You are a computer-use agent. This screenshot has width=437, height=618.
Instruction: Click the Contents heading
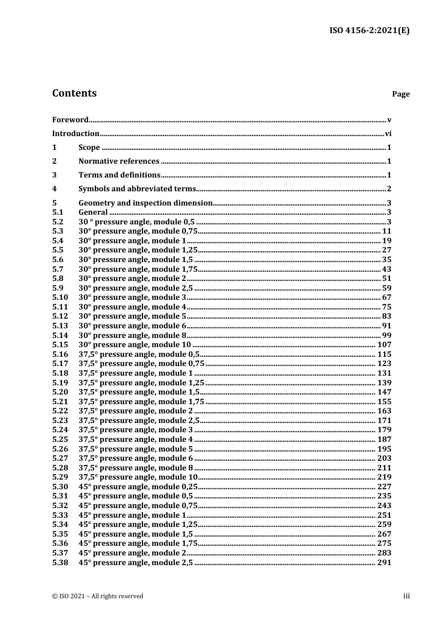pyautogui.click(x=74, y=93)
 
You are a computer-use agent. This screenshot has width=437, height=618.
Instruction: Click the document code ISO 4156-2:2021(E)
pyautogui.click(x=369, y=31)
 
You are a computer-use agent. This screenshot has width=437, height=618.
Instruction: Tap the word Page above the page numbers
pyautogui.click(x=401, y=94)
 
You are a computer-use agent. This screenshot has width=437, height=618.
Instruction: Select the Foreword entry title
pyautogui.click(x=70, y=120)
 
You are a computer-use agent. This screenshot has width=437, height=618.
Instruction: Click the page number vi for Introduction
pyautogui.click(x=388, y=134)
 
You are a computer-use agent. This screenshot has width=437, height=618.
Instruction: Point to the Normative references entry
pyautogui.click(x=119, y=161)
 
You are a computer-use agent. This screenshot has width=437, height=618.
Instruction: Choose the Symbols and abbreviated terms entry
pyautogui.click(x=137, y=189)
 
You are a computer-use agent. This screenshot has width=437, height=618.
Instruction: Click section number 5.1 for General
pyautogui.click(x=57, y=212)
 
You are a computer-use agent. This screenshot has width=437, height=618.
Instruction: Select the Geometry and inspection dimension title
pyautogui.click(x=145, y=203)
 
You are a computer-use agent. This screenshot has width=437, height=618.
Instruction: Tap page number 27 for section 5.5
pyautogui.click(x=386, y=250)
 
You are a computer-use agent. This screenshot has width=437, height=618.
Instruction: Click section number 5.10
pyautogui.click(x=60, y=298)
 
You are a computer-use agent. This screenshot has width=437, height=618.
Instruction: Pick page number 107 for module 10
pyautogui.click(x=384, y=345)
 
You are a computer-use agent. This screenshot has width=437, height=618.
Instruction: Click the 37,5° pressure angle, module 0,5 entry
pyautogui.click(x=139, y=355)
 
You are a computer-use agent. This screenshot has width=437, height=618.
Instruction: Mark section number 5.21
pyautogui.click(x=60, y=402)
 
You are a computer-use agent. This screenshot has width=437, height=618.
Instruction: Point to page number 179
pyautogui.click(x=384, y=430)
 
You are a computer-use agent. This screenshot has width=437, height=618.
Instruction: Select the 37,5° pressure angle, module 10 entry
pyautogui.click(x=138, y=477)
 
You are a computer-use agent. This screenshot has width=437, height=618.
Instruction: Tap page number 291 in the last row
pyautogui.click(x=384, y=563)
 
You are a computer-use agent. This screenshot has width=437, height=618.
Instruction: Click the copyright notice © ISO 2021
pyautogui.click(x=98, y=596)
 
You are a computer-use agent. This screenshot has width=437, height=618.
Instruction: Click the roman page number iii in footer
pyautogui.click(x=406, y=596)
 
